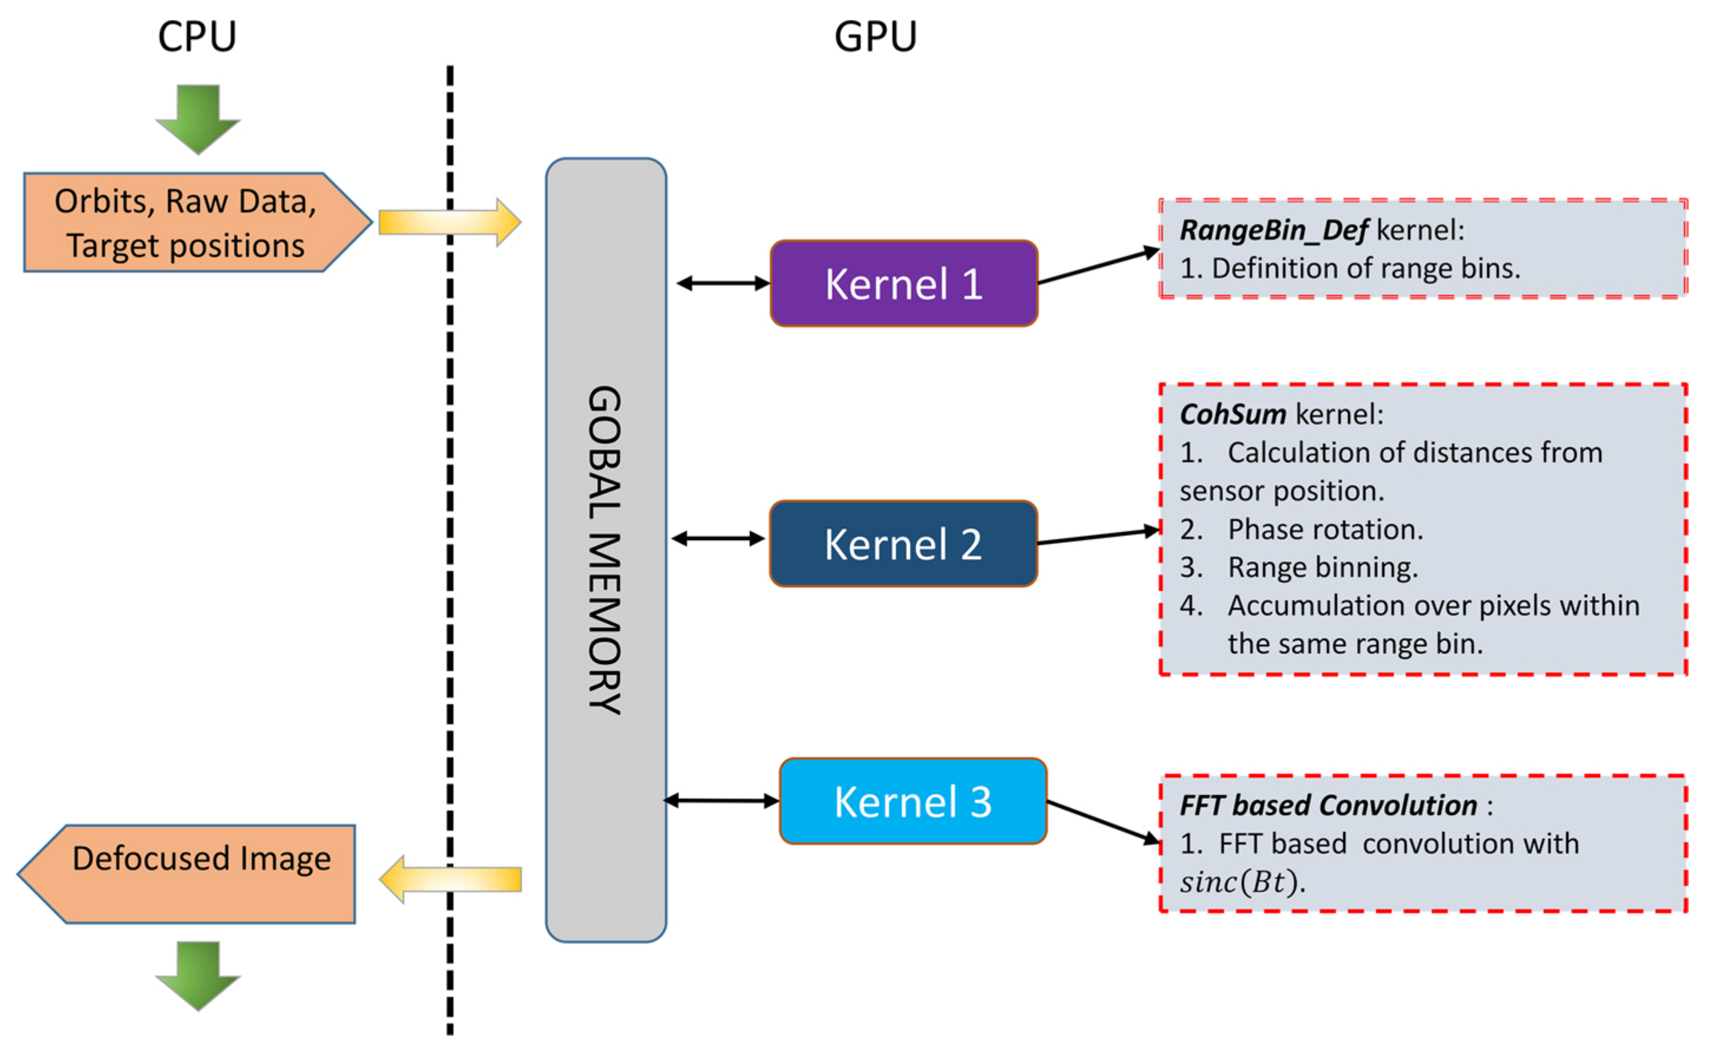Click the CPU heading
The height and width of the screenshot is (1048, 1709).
[197, 37]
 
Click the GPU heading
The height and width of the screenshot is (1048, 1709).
[875, 37]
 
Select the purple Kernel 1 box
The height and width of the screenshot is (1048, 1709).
[903, 284]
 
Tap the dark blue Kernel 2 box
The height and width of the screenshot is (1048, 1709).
[903, 543]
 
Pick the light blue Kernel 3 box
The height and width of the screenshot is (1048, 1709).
[913, 801]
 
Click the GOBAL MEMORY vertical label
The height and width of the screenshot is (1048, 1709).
[605, 550]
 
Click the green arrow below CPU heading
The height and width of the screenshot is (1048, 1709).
[198, 119]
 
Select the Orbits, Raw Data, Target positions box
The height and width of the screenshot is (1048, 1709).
[187, 222]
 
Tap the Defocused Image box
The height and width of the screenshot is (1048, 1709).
[194, 873]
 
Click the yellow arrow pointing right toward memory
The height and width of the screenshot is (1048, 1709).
[450, 222]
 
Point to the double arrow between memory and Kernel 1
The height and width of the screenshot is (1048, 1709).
[723, 283]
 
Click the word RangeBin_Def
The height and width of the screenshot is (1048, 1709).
[1273, 230]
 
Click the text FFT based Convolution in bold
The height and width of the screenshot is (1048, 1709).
[1328, 805]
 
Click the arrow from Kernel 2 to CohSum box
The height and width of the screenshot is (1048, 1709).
[1099, 537]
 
